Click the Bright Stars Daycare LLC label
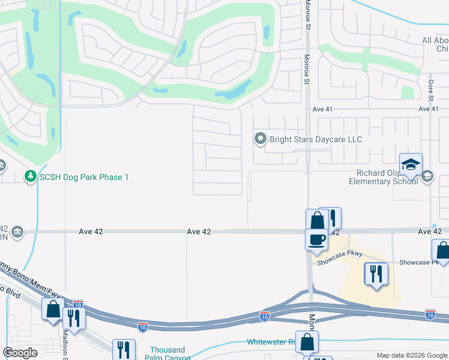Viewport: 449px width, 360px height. [316, 139]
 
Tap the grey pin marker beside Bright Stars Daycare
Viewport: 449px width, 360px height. [261, 139]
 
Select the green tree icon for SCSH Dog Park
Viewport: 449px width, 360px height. [29, 177]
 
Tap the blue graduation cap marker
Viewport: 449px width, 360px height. [411, 165]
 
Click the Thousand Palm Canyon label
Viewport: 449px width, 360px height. [167, 353]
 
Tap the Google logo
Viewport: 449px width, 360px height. [20, 353]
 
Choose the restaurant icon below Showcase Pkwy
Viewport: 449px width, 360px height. [376, 274]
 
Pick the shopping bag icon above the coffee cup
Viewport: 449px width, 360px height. [317, 220]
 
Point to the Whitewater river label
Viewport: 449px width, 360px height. [272, 342]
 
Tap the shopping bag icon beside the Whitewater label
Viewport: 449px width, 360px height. [307, 343]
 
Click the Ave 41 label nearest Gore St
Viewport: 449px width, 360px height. [429, 109]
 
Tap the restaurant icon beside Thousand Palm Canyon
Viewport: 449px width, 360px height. [124, 350]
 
